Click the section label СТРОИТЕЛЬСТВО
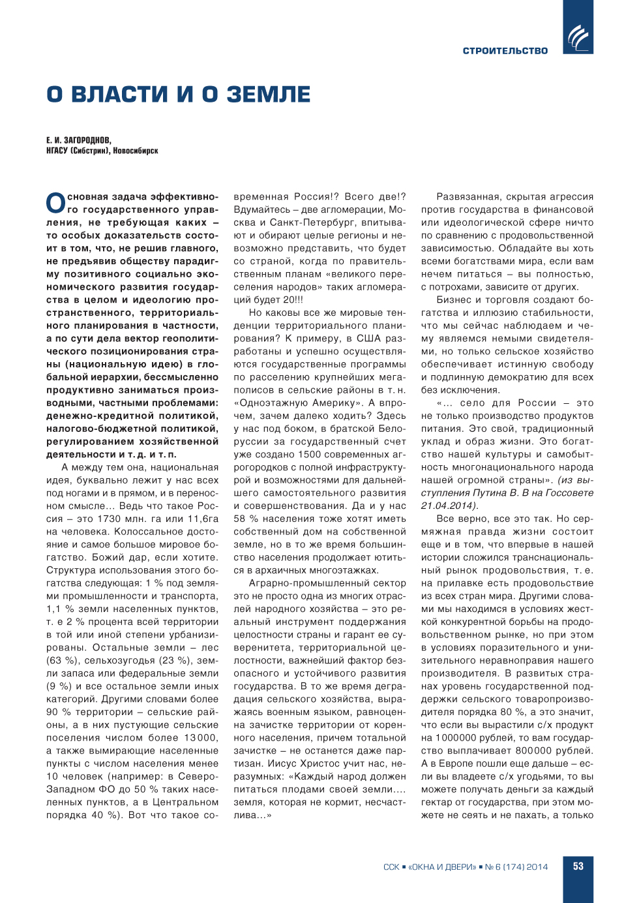[505, 51]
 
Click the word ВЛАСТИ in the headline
[119, 95]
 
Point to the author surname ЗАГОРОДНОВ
[87, 140]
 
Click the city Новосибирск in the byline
[136, 151]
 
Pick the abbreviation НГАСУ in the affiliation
[57, 151]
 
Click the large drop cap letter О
[55, 203]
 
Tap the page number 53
[578, 866]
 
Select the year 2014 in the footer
[537, 867]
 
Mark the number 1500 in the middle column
[308, 454]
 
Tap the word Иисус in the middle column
[282, 763]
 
